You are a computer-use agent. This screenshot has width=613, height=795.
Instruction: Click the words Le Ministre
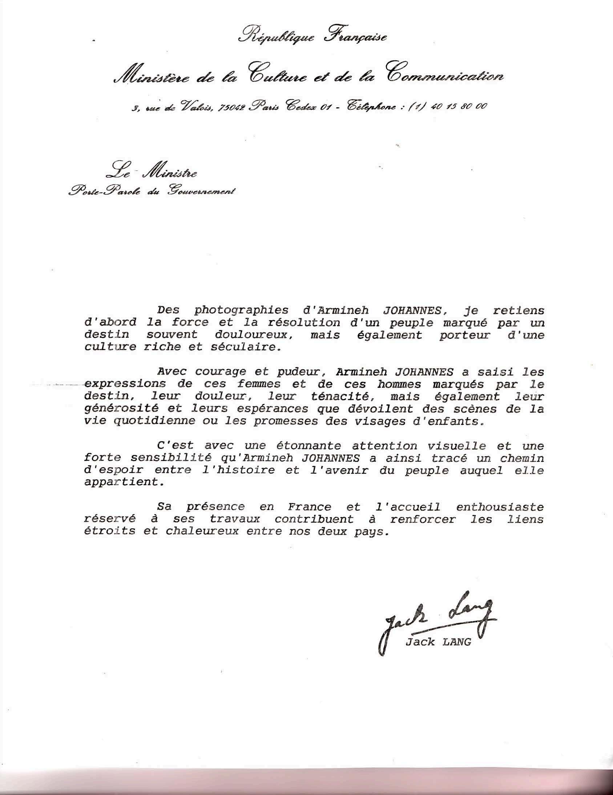151,172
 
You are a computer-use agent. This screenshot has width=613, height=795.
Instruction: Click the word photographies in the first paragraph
242,310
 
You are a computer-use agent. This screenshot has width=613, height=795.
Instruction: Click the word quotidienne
164,421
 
